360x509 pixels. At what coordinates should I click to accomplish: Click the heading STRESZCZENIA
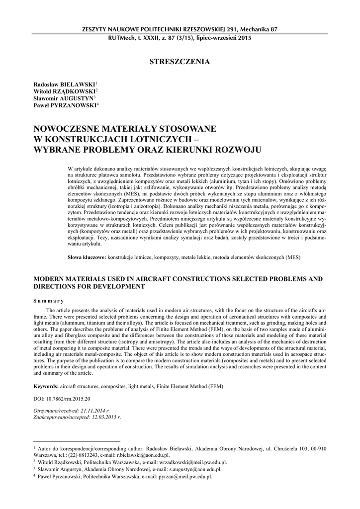pos(180,62)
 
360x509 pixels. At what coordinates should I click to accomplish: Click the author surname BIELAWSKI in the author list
pos(77,85)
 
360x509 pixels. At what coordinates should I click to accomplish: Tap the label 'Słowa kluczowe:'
pos(87,257)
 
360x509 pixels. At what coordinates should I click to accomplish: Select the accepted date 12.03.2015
pos(99,418)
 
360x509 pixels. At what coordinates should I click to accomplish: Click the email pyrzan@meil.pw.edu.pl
pos(184,476)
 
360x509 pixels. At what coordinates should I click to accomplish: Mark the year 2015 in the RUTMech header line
pos(243,38)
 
